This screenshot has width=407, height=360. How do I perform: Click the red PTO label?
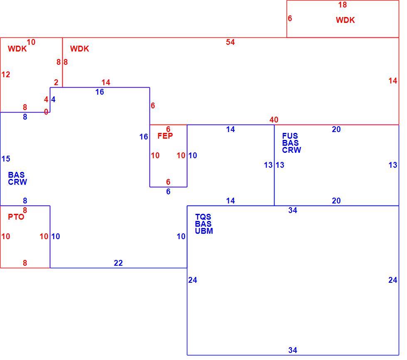[16, 217]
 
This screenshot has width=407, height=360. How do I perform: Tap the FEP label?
[165, 136]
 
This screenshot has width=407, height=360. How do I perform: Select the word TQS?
[203, 217]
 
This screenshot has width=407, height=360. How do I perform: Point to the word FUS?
[290, 136]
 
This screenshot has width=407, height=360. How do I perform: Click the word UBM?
[204, 231]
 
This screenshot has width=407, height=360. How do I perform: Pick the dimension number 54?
[230, 42]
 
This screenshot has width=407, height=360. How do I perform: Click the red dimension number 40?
[274, 120]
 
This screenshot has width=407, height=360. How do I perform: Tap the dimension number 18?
[342, 5]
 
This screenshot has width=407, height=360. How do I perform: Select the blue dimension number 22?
[118, 263]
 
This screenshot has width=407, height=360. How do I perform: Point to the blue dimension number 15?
[6, 159]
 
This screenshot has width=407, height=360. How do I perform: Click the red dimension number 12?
[6, 74]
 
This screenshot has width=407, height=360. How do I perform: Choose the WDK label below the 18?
[345, 20]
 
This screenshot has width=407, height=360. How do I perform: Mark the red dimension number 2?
[56, 83]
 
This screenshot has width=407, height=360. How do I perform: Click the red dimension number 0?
[46, 112]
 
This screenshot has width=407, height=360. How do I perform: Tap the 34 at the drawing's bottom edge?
[292, 350]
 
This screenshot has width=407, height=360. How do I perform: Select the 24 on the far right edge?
[393, 280]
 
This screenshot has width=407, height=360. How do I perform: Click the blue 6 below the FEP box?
[168, 191]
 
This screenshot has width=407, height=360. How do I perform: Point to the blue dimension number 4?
[53, 99]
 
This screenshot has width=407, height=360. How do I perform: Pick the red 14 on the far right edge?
[393, 81]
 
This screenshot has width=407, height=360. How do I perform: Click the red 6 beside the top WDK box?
[290, 18]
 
